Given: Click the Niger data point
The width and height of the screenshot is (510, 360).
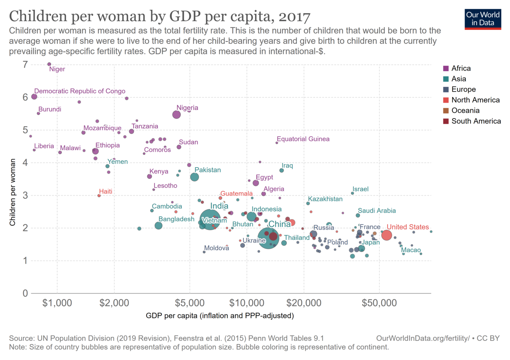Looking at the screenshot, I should click(x=49, y=64).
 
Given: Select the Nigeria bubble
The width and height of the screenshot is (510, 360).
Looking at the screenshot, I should click(x=177, y=114).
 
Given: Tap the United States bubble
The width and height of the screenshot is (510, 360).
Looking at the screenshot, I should click(x=386, y=235).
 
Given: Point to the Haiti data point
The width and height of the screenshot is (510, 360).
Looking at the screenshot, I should click(x=99, y=196).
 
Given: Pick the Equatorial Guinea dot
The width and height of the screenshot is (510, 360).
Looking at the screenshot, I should click(x=277, y=143).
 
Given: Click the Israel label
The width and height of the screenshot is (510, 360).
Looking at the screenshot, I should click(x=361, y=189).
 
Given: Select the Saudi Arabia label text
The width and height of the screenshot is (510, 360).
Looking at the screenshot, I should click(x=377, y=211).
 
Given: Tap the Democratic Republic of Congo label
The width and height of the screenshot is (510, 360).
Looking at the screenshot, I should click(x=80, y=91).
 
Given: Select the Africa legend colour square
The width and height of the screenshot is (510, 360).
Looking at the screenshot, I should click(x=446, y=68).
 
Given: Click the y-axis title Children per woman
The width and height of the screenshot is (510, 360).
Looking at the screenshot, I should click(x=14, y=193).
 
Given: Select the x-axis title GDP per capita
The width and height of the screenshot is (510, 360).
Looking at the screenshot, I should click(x=220, y=317).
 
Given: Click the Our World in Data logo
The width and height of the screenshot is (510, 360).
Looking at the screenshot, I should click(x=483, y=19).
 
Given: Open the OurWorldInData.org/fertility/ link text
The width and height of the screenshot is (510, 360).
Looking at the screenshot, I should click(x=423, y=338).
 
